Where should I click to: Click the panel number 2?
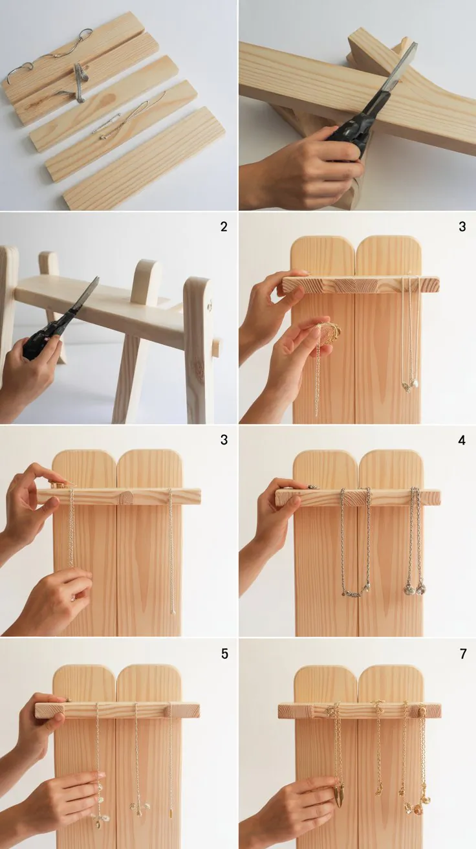(224, 226)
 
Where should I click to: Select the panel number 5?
(224, 654)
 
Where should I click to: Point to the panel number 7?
(463, 654)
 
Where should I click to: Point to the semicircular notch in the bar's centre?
(125, 497)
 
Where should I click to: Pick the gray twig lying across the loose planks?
(79, 83)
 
